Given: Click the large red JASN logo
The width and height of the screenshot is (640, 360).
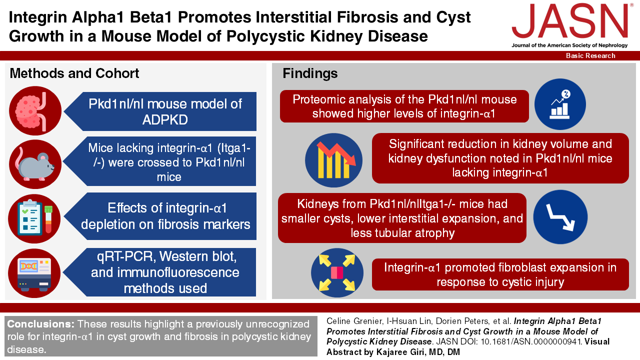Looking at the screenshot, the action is click(570, 21).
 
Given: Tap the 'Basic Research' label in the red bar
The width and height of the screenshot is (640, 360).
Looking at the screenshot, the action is click(590, 55).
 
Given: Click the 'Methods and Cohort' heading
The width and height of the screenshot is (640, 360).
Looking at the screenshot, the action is click(74, 73).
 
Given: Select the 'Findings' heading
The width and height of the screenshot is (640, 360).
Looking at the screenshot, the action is click(310, 73).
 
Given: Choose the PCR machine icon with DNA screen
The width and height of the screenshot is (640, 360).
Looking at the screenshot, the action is click(34, 273).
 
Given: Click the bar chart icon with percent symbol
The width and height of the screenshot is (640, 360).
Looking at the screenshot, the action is click(560, 104).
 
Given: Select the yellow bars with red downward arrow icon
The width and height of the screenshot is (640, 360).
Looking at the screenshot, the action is click(333, 160).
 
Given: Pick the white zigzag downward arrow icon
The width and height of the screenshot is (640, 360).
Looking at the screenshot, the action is click(560, 217).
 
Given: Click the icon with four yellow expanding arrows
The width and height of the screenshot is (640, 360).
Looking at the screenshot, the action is click(337, 272).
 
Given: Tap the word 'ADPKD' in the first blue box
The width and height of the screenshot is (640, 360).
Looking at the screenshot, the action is click(165, 119).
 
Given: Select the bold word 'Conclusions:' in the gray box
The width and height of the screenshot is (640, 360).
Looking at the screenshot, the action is click(41, 324).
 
